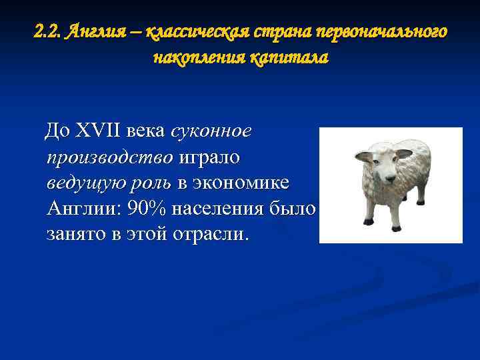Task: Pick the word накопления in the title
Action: [199, 58]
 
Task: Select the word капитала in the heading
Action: [289, 58]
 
